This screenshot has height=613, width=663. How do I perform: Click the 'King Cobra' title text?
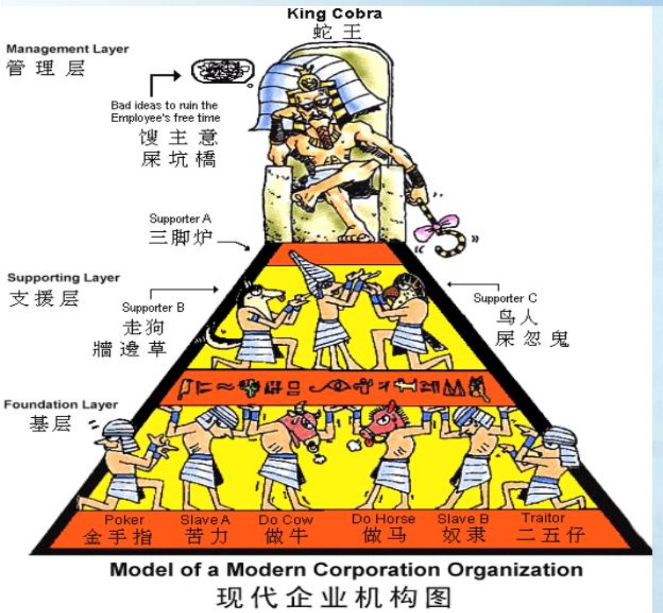[x=334, y=13]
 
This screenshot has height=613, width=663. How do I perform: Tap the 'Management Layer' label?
[x=68, y=49]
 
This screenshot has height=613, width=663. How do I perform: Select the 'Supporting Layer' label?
[x=63, y=278]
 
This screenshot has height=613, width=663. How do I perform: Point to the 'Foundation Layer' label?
[x=61, y=405]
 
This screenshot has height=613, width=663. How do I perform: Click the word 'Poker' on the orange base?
[x=124, y=520]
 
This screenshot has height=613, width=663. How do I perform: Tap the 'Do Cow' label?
[x=285, y=520]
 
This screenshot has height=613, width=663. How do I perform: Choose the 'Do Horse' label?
[x=383, y=519]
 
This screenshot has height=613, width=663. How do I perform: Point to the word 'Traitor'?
[x=543, y=518]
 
